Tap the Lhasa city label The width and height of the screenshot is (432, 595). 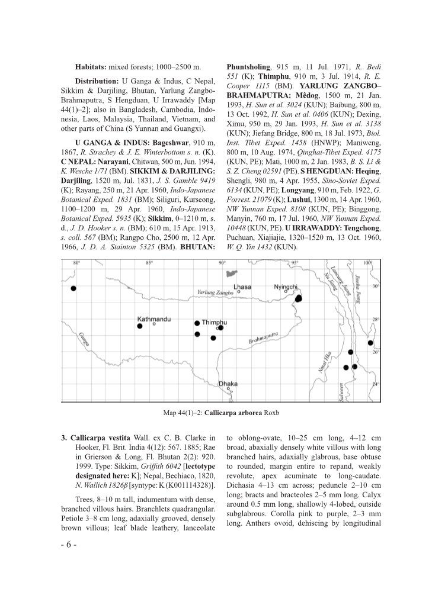point(242,287)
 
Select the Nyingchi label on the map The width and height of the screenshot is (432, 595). point(285,287)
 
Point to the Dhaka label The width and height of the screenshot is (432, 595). point(228,384)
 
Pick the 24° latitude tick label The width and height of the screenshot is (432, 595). point(375,384)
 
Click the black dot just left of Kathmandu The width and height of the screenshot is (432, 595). point(140,326)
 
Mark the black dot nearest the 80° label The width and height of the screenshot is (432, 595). point(73,288)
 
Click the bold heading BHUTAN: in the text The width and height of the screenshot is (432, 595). point(198,246)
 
